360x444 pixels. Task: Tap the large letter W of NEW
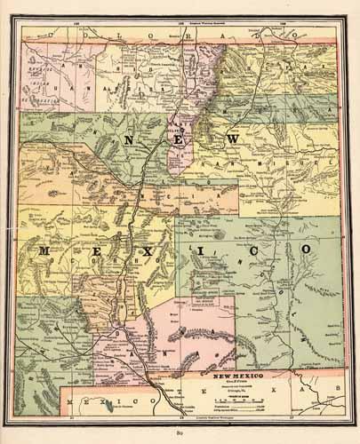click(233, 142)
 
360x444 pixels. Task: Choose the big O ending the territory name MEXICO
click(304, 250)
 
